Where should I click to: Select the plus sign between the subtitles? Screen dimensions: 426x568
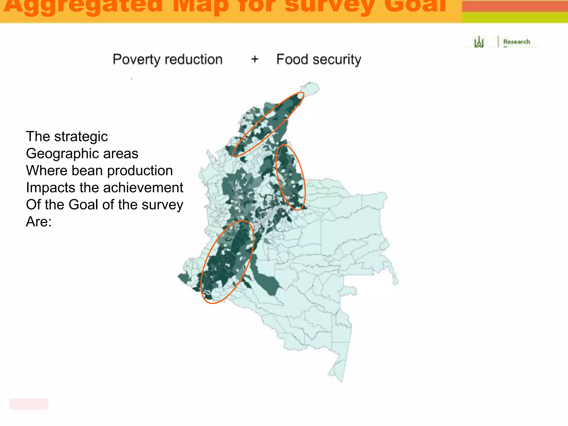(255, 59)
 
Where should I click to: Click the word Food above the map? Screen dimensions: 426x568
(292, 59)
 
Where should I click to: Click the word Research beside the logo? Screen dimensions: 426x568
(516, 42)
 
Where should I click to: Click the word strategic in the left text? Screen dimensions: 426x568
(81, 136)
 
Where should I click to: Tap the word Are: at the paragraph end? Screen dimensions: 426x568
(39, 222)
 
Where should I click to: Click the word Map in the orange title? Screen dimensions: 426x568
(201, 6)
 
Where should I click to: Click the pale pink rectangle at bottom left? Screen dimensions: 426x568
(29, 404)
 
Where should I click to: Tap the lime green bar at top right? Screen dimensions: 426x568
(515, 17)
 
